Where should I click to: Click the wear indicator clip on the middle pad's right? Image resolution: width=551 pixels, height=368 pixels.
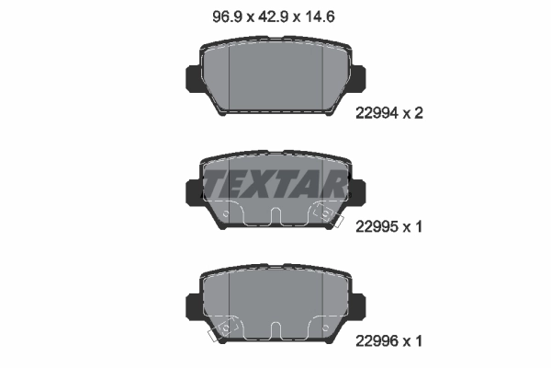pyautogui.click(x=323, y=212)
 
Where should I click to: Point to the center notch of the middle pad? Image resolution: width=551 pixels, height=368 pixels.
pyautogui.click(x=275, y=217)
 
